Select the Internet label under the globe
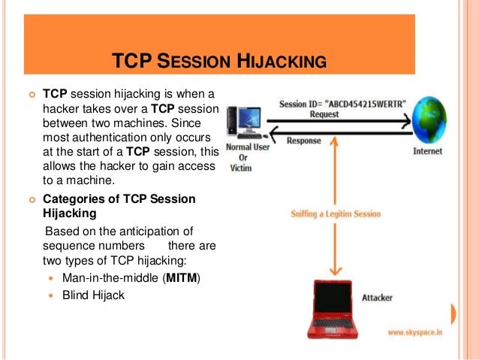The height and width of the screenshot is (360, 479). coord(427,151)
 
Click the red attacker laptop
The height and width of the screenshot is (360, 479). coord(336,307)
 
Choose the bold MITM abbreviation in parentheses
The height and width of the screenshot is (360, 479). coord(174,279)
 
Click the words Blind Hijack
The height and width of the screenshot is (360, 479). coord(94,295)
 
